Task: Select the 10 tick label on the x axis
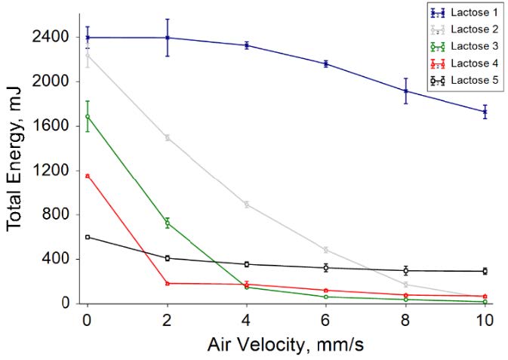pyautogui.click(x=485, y=319)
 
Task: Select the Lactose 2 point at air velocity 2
pyautogui.click(x=167, y=137)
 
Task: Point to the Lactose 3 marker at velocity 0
pyautogui.click(x=88, y=116)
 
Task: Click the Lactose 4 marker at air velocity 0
pyautogui.click(x=88, y=176)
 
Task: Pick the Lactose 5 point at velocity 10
pyautogui.click(x=485, y=271)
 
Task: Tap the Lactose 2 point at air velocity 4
pyautogui.click(x=246, y=205)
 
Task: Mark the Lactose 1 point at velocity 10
pyautogui.click(x=485, y=111)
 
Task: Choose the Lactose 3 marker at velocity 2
pyautogui.click(x=167, y=223)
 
